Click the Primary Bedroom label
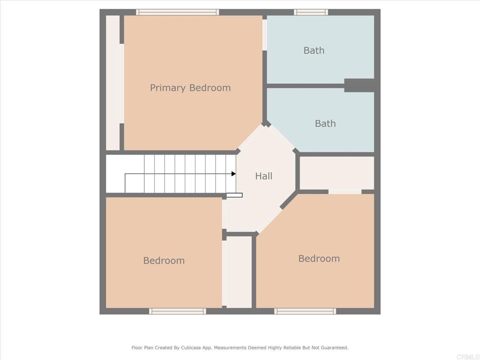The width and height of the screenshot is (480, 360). pos(190,88)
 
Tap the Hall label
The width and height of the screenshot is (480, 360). pos(263,176)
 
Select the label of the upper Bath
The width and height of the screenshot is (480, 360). pos(314,51)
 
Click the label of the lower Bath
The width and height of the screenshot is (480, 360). pos(325,124)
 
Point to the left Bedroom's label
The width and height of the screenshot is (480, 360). pos(164,261)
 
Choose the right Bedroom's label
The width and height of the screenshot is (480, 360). pos(319,259)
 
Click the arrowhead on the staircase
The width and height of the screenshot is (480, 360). pos(233,174)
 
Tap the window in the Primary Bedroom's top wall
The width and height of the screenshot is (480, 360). pos(177,12)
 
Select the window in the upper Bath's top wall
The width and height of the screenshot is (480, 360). pos(311,12)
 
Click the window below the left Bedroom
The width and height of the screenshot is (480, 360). pos(177,311)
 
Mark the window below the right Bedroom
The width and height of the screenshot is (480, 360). pos(305,311)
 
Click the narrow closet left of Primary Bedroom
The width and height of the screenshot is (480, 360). pos(112,83)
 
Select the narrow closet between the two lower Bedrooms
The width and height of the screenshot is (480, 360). pos(239,272)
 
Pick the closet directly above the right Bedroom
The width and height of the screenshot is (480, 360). pos(337,172)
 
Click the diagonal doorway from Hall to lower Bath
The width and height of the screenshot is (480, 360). pos(282,137)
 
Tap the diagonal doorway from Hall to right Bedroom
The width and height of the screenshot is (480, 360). pos(269,220)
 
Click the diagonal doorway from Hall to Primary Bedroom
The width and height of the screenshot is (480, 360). pos(249,136)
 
